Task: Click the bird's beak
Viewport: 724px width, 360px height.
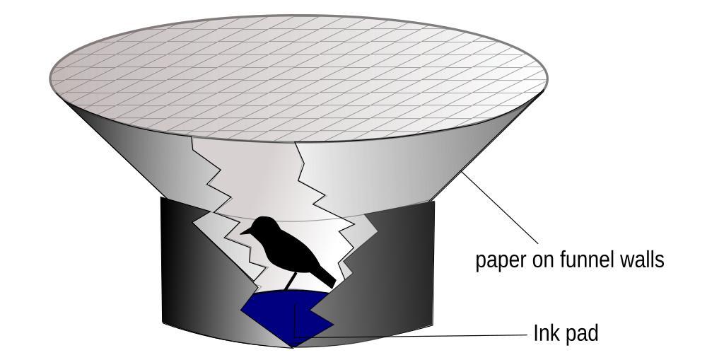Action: [x=245, y=231]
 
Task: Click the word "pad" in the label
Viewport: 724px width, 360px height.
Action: [x=582, y=332]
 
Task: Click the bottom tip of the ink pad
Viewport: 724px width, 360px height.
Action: [x=293, y=346]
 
